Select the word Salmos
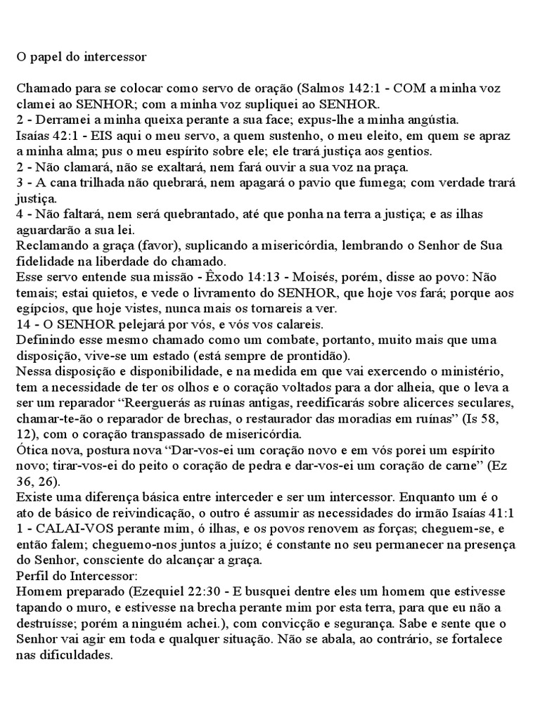pos(320,89)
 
